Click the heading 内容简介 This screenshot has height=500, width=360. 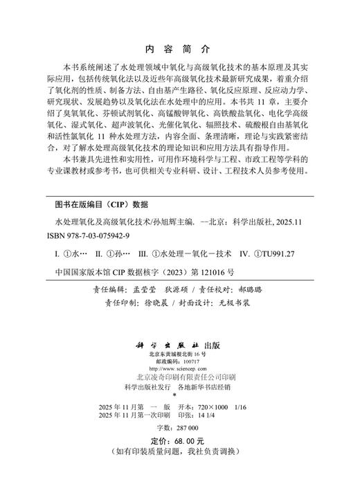tap(179, 50)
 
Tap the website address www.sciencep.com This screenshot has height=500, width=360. tap(180, 369)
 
